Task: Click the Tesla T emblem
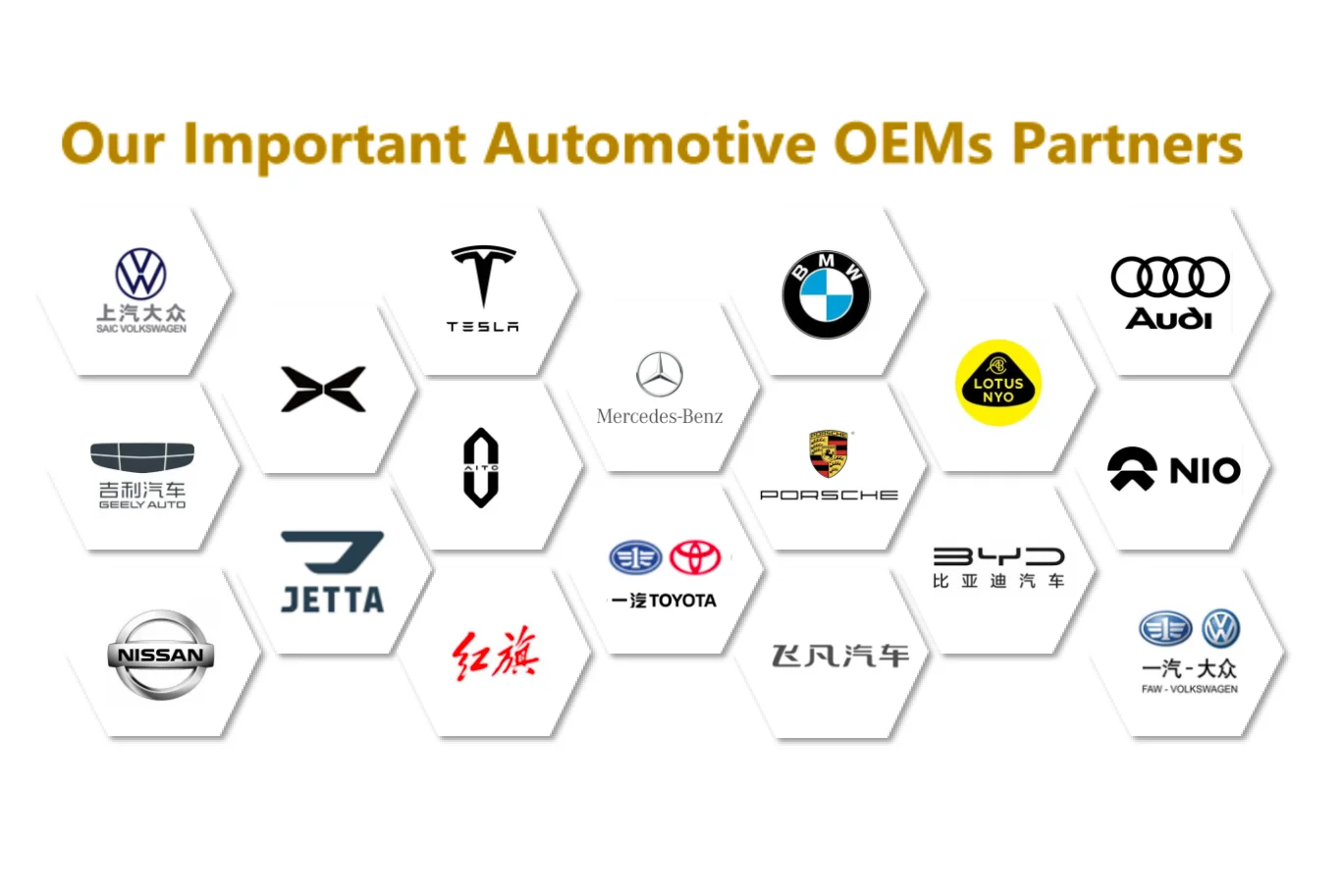click(x=483, y=276)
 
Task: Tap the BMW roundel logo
click(x=826, y=294)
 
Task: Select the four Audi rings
click(x=1170, y=277)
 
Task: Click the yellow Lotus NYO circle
click(x=997, y=383)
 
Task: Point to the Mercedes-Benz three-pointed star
click(x=660, y=374)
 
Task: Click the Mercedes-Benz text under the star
click(x=660, y=416)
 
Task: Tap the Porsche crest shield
click(x=829, y=453)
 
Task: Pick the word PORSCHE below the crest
click(x=829, y=496)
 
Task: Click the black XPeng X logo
click(x=323, y=390)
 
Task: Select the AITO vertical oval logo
click(x=481, y=468)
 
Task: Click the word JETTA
click(x=332, y=600)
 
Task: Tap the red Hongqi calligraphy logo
click(x=496, y=654)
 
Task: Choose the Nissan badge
click(x=160, y=655)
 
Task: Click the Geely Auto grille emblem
click(x=142, y=456)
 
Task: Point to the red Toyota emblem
click(x=695, y=557)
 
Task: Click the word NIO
click(x=1205, y=471)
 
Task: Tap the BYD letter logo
click(x=998, y=556)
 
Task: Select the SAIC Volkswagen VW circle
click(x=141, y=274)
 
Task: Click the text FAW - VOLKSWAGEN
click(x=1189, y=689)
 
